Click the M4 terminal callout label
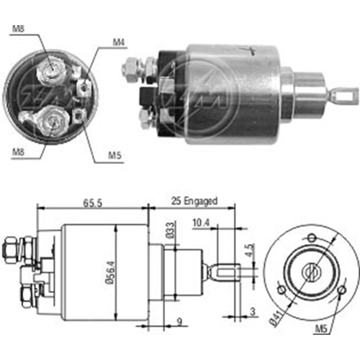point(119,42)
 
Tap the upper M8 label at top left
point(19,29)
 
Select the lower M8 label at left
point(19,151)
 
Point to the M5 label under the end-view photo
point(114,156)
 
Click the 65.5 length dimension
point(93,203)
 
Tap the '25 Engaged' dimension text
point(194,201)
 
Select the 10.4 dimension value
point(201,223)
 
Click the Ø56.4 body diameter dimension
point(111,272)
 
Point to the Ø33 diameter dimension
point(170,230)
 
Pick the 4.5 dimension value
point(250,251)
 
